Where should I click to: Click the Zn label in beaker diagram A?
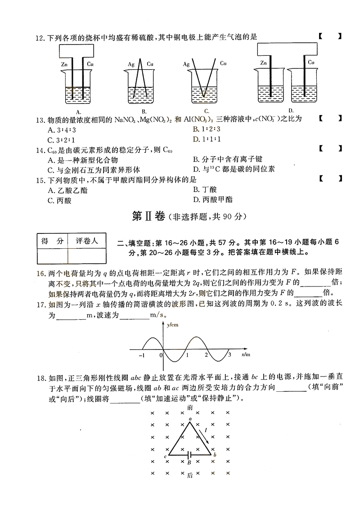pyautogui.click(x=64, y=64)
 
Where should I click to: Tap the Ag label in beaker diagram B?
pyautogui.click(x=131, y=64)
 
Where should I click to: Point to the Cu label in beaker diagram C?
pyautogui.click(x=223, y=64)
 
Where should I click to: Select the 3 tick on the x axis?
pyautogui.click(x=229, y=355)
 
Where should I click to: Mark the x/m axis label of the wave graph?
pyautogui.click(x=245, y=354)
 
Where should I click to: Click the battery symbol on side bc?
pyautogui.click(x=189, y=455)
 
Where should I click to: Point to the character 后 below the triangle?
pyautogui.click(x=189, y=475)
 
